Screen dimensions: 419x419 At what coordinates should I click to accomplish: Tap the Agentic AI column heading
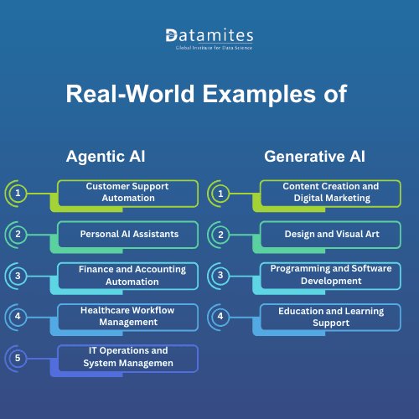(x=104, y=156)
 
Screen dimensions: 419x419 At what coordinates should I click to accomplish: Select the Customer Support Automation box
(x=127, y=192)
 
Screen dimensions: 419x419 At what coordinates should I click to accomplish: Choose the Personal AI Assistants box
(x=127, y=234)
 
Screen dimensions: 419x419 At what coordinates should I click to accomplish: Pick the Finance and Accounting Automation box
(x=127, y=276)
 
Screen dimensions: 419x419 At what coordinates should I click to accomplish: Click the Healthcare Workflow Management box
(x=127, y=317)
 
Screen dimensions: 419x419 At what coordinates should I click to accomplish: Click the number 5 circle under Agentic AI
(x=18, y=358)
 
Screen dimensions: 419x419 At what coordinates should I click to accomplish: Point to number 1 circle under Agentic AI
(x=18, y=193)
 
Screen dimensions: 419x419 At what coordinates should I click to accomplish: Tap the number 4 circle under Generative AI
(x=220, y=317)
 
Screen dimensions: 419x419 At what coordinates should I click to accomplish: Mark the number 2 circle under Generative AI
(x=220, y=234)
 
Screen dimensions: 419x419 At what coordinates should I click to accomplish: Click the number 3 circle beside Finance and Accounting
(x=18, y=276)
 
